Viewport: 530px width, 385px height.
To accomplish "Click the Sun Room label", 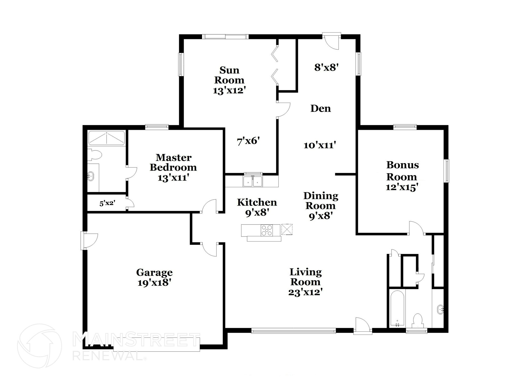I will [x=229, y=80].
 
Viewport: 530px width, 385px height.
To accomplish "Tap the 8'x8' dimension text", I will [x=327, y=67].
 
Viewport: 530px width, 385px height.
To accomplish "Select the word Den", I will [x=321, y=108].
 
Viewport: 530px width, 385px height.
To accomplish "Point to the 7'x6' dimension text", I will [x=248, y=141].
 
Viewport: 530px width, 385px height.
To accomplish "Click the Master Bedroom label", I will [x=173, y=167].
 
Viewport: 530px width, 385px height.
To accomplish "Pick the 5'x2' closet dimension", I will [x=107, y=203].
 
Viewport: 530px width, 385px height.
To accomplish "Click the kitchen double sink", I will [x=253, y=181].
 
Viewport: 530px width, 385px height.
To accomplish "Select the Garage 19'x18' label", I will [x=154, y=277].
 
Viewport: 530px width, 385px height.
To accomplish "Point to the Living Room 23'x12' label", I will [x=305, y=282].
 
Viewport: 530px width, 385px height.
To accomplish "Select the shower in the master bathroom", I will [x=107, y=138].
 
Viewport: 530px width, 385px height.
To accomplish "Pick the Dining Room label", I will [x=321, y=206].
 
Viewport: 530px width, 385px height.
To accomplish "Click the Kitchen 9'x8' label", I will [x=257, y=207].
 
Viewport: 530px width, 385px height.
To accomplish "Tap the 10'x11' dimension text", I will [x=320, y=145].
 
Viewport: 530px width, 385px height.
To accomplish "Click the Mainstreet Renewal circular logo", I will [x=39, y=346].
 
